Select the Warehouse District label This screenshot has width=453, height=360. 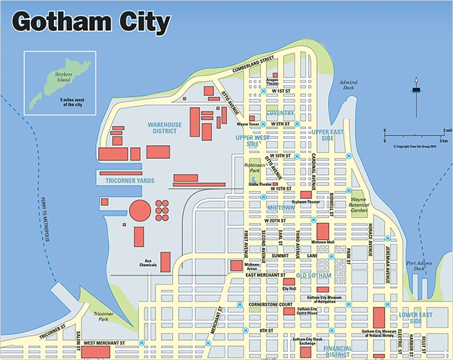click(x=164, y=128)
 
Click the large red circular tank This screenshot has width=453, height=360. click(x=140, y=211)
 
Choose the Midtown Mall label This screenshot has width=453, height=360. click(x=322, y=243)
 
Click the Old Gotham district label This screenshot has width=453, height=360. click(x=314, y=276)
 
